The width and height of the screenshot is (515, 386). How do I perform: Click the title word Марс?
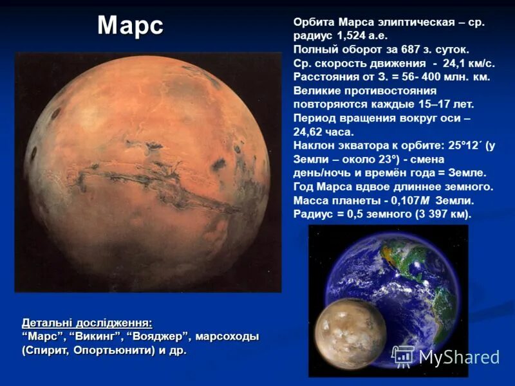tap(130, 26)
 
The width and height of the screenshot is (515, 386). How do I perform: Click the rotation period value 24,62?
tap(308, 131)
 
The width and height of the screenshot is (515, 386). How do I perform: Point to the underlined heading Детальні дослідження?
tap(87, 322)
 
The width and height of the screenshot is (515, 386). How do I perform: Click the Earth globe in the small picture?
tap(412, 283)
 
